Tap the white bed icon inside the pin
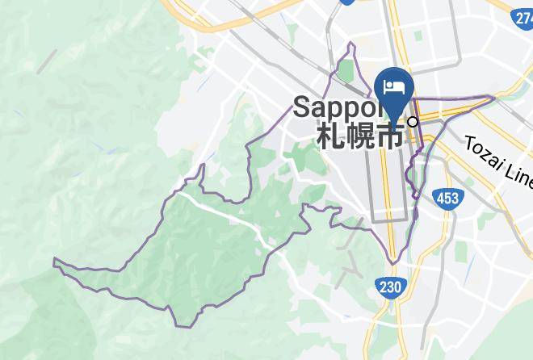[394, 85]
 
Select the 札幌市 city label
[360, 134]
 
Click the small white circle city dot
[413, 122]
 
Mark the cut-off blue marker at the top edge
[348, 2]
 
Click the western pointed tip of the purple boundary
[54, 260]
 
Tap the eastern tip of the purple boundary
[493, 98]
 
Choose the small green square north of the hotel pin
[418, 36]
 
